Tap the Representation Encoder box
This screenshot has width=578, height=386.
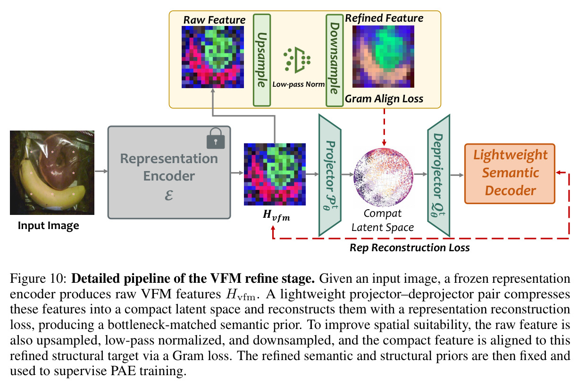coord(169,172)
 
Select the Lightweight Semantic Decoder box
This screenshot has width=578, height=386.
coord(510,173)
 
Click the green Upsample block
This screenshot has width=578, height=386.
coord(262,60)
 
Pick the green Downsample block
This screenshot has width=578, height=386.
coord(335,60)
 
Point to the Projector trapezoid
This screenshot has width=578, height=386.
coord(330,175)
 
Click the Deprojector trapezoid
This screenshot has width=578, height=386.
coord(439,175)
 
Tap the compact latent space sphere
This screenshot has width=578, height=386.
coord(383,177)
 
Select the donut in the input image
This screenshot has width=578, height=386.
coord(59,162)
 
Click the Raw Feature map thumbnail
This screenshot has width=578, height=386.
coord(213,57)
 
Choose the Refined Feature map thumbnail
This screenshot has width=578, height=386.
coord(383,57)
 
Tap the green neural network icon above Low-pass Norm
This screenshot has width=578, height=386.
coord(297,60)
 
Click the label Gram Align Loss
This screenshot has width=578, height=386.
coord(384,99)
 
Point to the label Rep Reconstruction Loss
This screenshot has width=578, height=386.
coord(410,247)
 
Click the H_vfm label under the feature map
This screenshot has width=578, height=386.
coord(276,215)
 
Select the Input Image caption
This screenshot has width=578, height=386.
coord(48,226)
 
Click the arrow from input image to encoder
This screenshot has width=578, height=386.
coord(101,172)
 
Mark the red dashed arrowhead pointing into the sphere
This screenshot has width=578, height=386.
coord(384,143)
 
